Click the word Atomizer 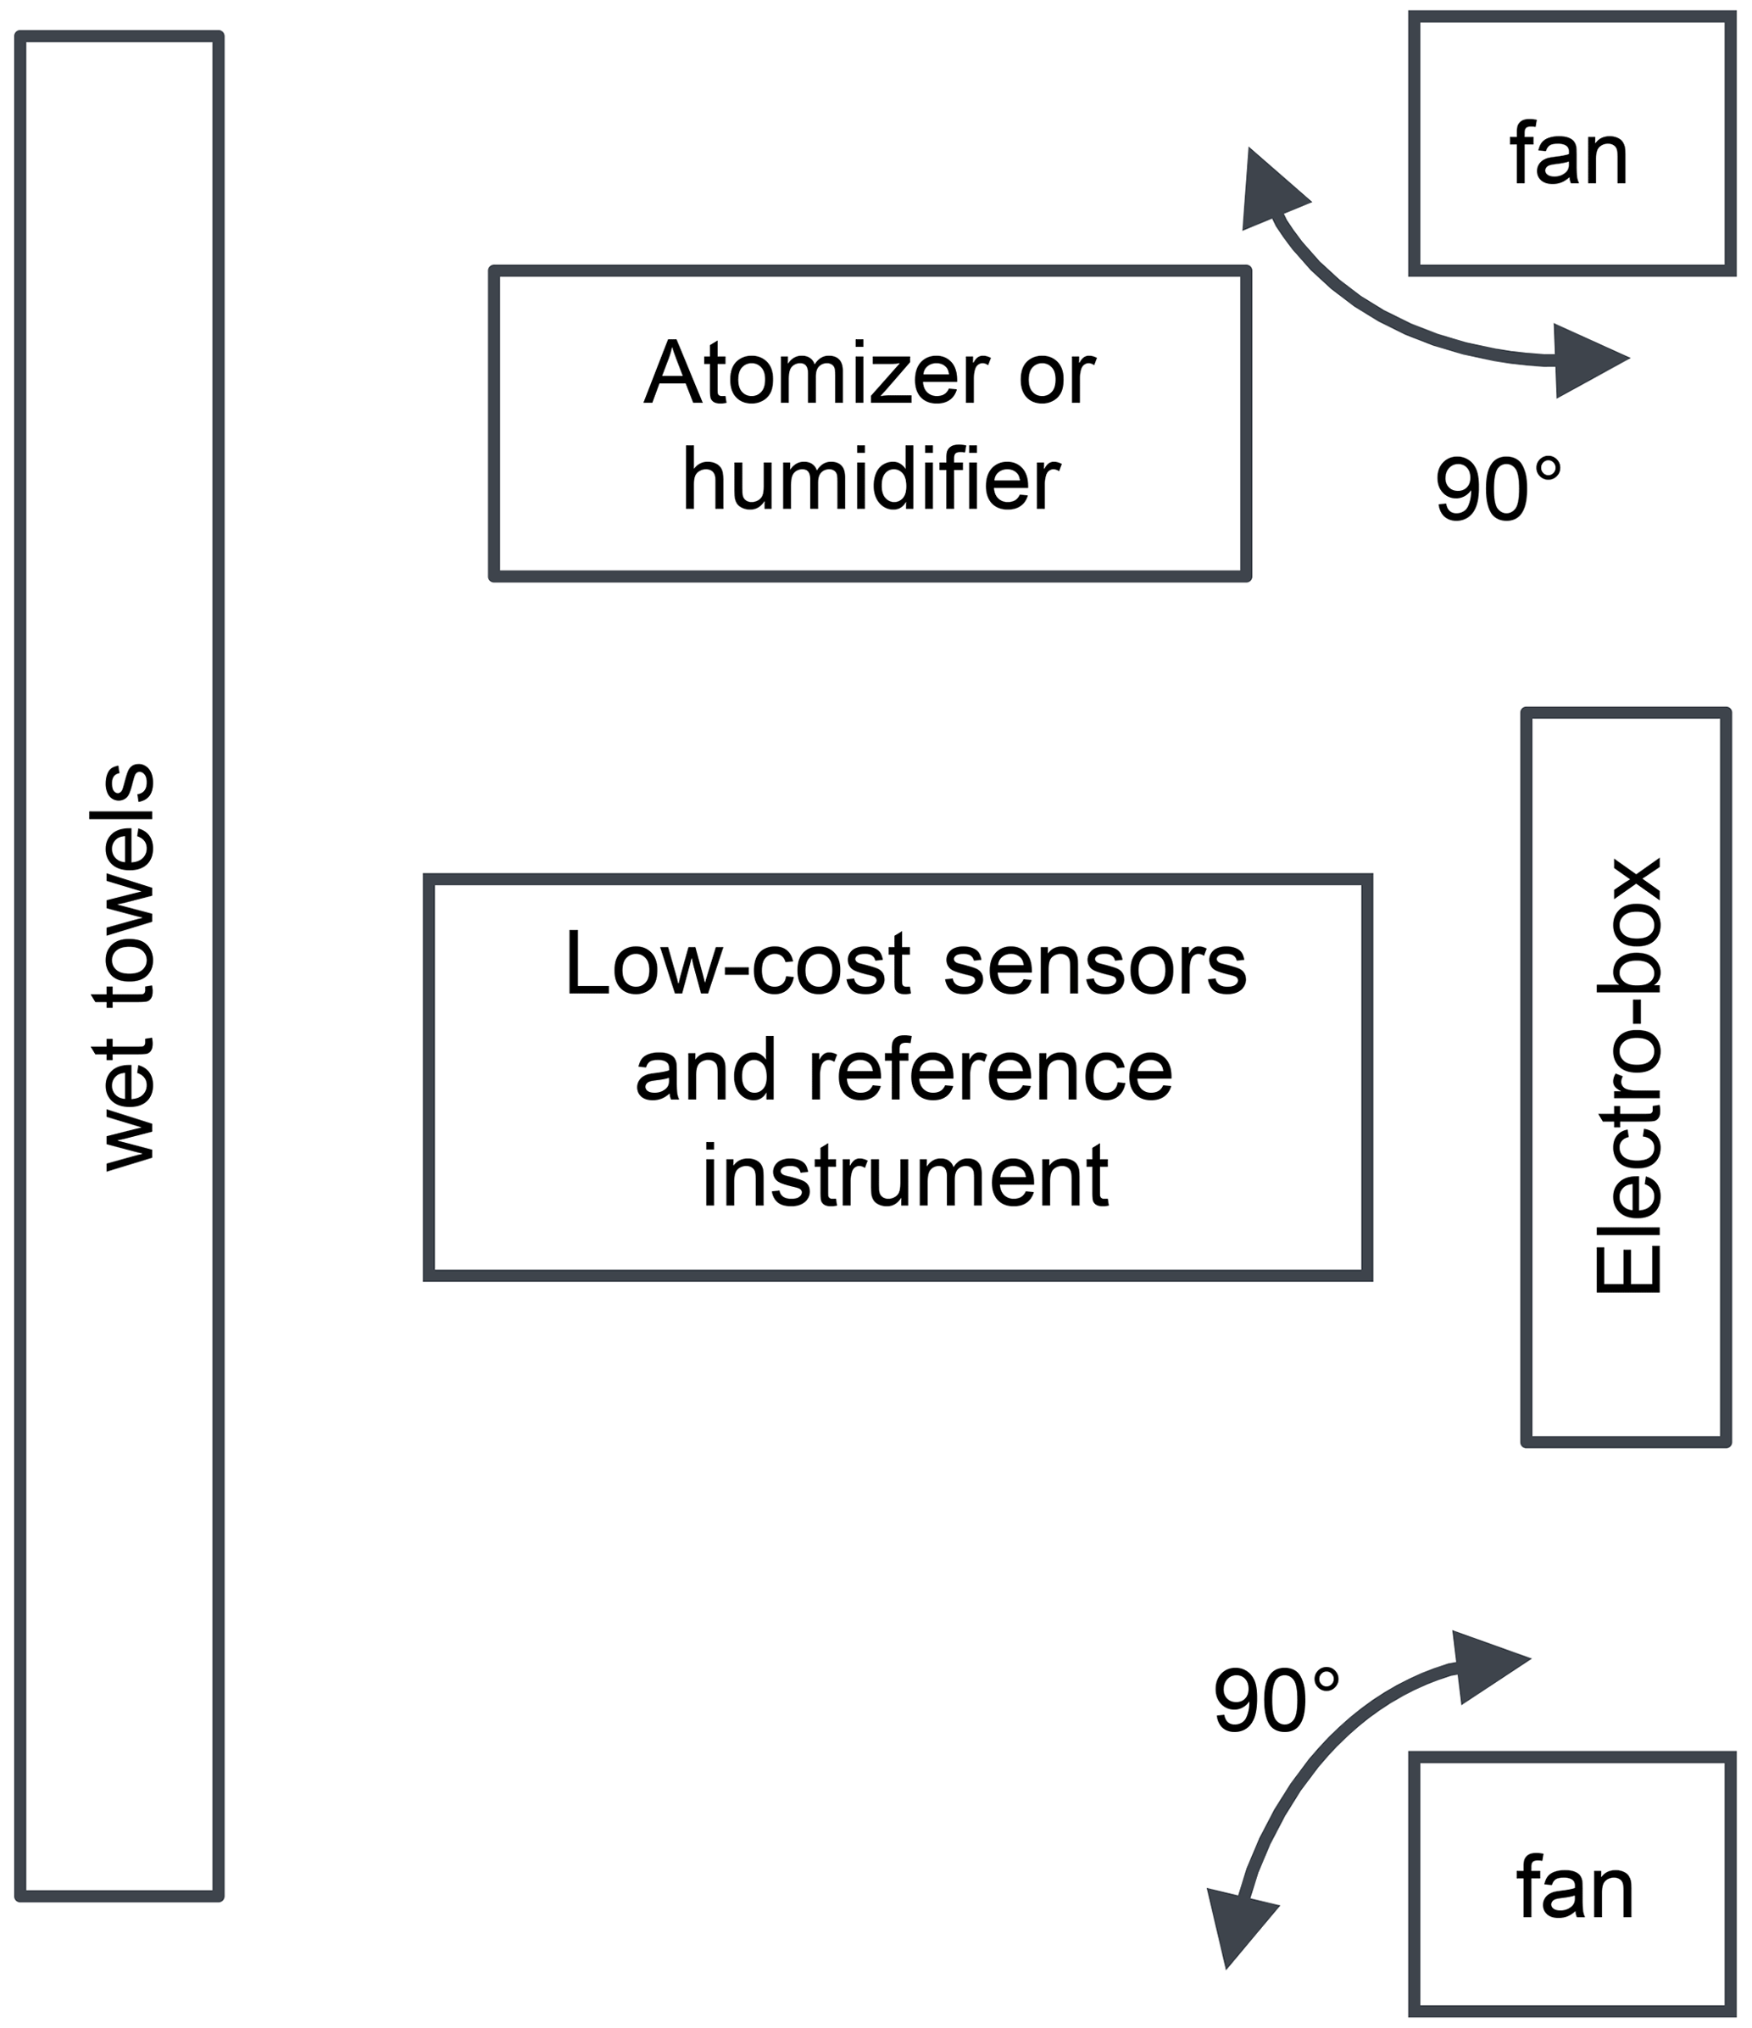pos(816,373)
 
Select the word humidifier pos(870,480)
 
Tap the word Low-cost pos(738,964)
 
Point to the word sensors pos(1095,964)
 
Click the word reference pos(989,1070)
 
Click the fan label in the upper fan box pos(1569,154)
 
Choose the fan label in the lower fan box pos(1575,1889)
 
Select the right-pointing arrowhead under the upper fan pos(1586,360)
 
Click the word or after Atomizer pos(1057,375)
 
